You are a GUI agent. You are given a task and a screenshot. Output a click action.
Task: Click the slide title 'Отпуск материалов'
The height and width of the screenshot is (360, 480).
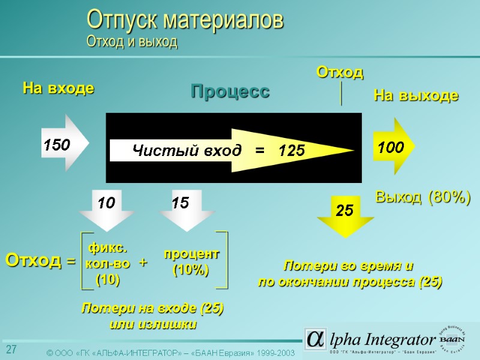(185, 20)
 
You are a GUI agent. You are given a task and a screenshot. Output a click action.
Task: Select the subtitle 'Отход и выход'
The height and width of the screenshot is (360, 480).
(132, 41)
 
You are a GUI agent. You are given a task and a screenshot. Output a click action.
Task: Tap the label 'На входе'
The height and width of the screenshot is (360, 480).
(58, 89)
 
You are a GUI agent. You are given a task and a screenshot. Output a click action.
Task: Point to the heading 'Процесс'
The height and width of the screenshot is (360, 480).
(230, 92)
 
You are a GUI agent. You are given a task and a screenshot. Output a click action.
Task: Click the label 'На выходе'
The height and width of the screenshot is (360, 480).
(416, 95)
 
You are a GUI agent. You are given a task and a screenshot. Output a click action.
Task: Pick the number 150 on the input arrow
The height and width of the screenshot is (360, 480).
(56, 145)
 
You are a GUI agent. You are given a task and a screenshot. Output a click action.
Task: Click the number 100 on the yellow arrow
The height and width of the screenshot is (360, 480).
(390, 147)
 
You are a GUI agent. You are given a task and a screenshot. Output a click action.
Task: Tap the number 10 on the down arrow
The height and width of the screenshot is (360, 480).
(106, 203)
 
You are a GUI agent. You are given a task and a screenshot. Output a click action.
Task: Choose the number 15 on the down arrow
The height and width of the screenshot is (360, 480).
(180, 203)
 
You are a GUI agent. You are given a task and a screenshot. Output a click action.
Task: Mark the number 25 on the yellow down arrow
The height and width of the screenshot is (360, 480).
(344, 211)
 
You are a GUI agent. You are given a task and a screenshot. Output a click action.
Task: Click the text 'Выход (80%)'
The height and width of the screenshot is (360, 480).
(422, 197)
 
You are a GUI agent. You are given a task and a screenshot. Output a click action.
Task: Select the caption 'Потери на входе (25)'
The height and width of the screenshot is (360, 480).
(152, 309)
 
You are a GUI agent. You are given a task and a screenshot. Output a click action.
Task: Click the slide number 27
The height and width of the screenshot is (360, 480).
(11, 350)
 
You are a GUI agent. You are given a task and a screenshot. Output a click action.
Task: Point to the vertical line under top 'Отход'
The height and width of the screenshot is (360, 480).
(341, 94)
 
